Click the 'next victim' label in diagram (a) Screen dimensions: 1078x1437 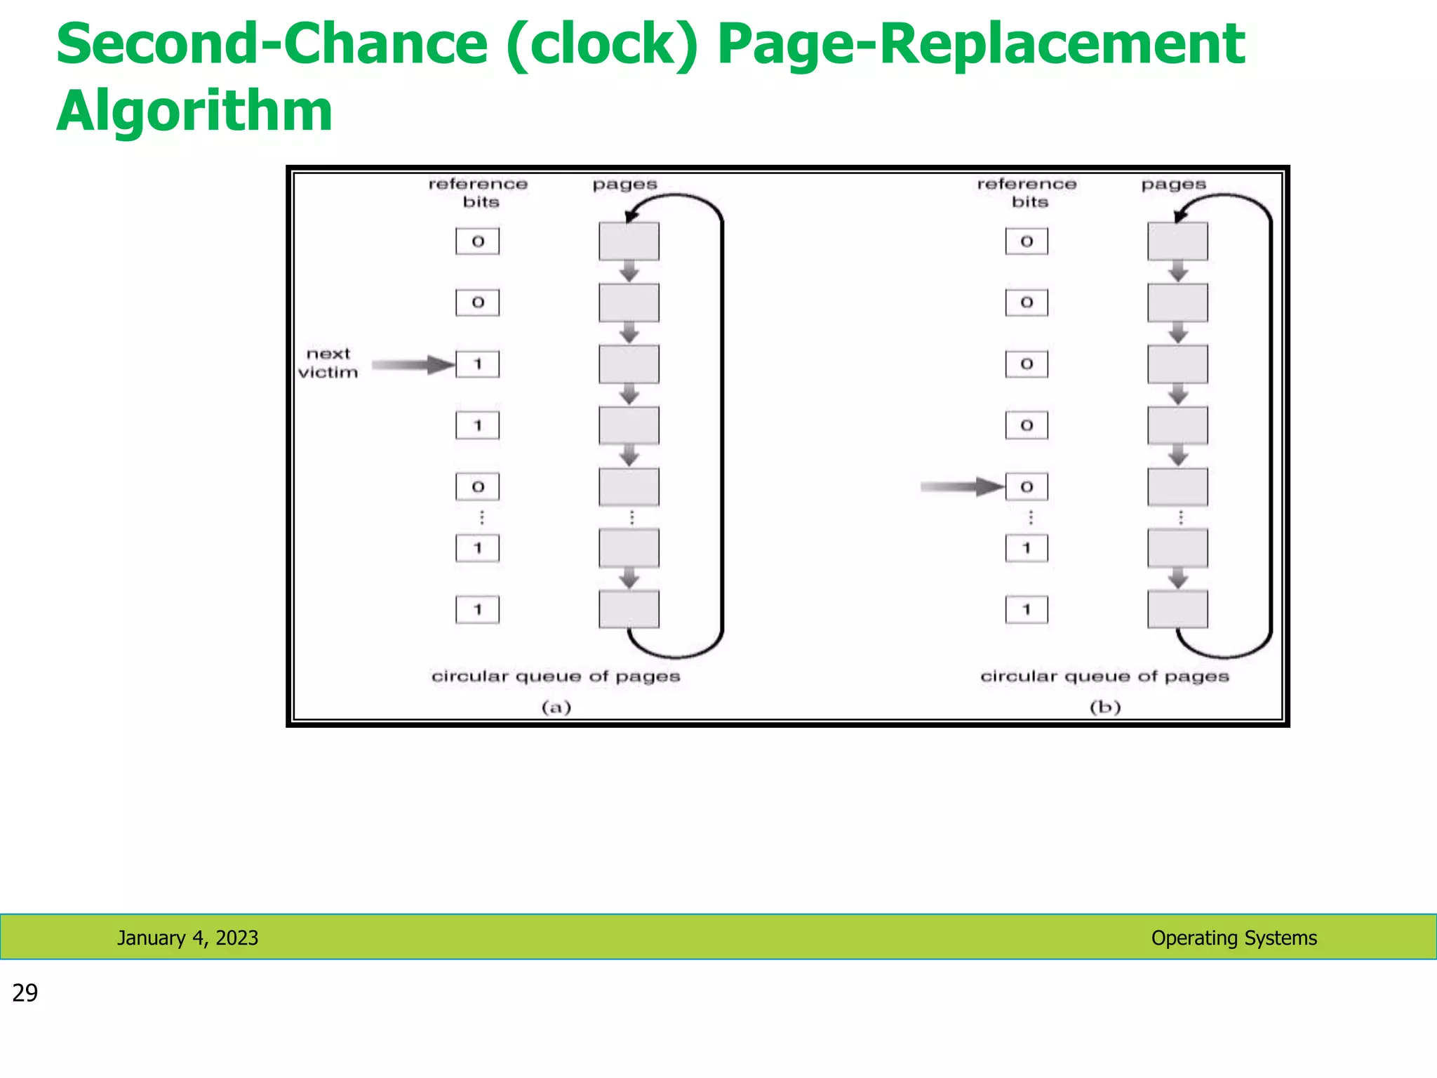click(x=328, y=363)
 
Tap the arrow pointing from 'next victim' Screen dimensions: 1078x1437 click(x=413, y=364)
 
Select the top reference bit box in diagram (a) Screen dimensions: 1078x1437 click(x=477, y=241)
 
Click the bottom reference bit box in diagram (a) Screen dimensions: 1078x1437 click(x=477, y=609)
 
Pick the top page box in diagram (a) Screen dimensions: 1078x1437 click(x=629, y=241)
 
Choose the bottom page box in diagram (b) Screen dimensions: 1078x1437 click(x=1177, y=609)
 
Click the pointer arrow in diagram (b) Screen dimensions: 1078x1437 click(x=961, y=486)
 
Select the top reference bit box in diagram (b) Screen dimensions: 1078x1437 click(x=1026, y=241)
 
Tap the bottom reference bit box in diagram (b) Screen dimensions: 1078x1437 click(x=1026, y=609)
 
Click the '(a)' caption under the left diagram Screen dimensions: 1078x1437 click(x=556, y=707)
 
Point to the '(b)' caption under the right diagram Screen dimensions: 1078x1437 click(x=1105, y=707)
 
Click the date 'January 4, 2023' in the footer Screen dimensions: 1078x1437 click(x=187, y=938)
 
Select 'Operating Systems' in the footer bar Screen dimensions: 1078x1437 click(x=1234, y=938)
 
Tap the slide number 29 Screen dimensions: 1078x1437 click(x=25, y=992)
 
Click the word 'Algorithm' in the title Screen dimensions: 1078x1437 click(x=194, y=110)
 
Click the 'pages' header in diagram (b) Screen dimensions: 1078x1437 click(x=1173, y=184)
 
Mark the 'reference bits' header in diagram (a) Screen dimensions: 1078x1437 click(x=479, y=192)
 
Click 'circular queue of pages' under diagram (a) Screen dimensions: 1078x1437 click(x=556, y=676)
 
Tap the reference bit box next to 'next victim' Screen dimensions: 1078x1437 click(x=477, y=364)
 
